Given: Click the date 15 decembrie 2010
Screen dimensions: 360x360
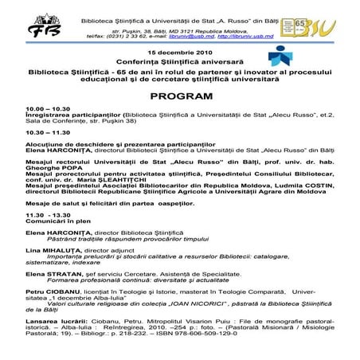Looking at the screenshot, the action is point(180,52).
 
